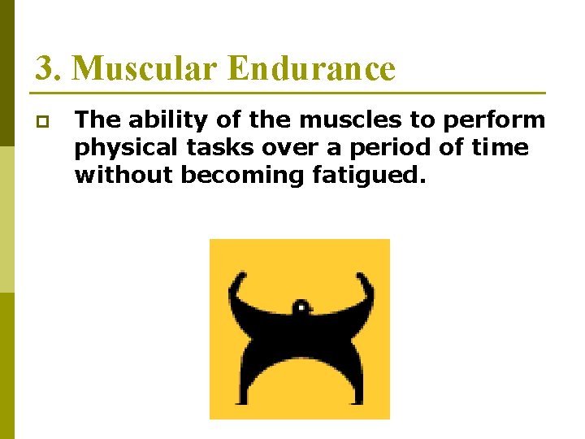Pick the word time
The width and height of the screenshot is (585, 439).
pos(500,149)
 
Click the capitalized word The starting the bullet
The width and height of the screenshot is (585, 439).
pos(97,121)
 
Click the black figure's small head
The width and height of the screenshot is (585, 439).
pos(300,308)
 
